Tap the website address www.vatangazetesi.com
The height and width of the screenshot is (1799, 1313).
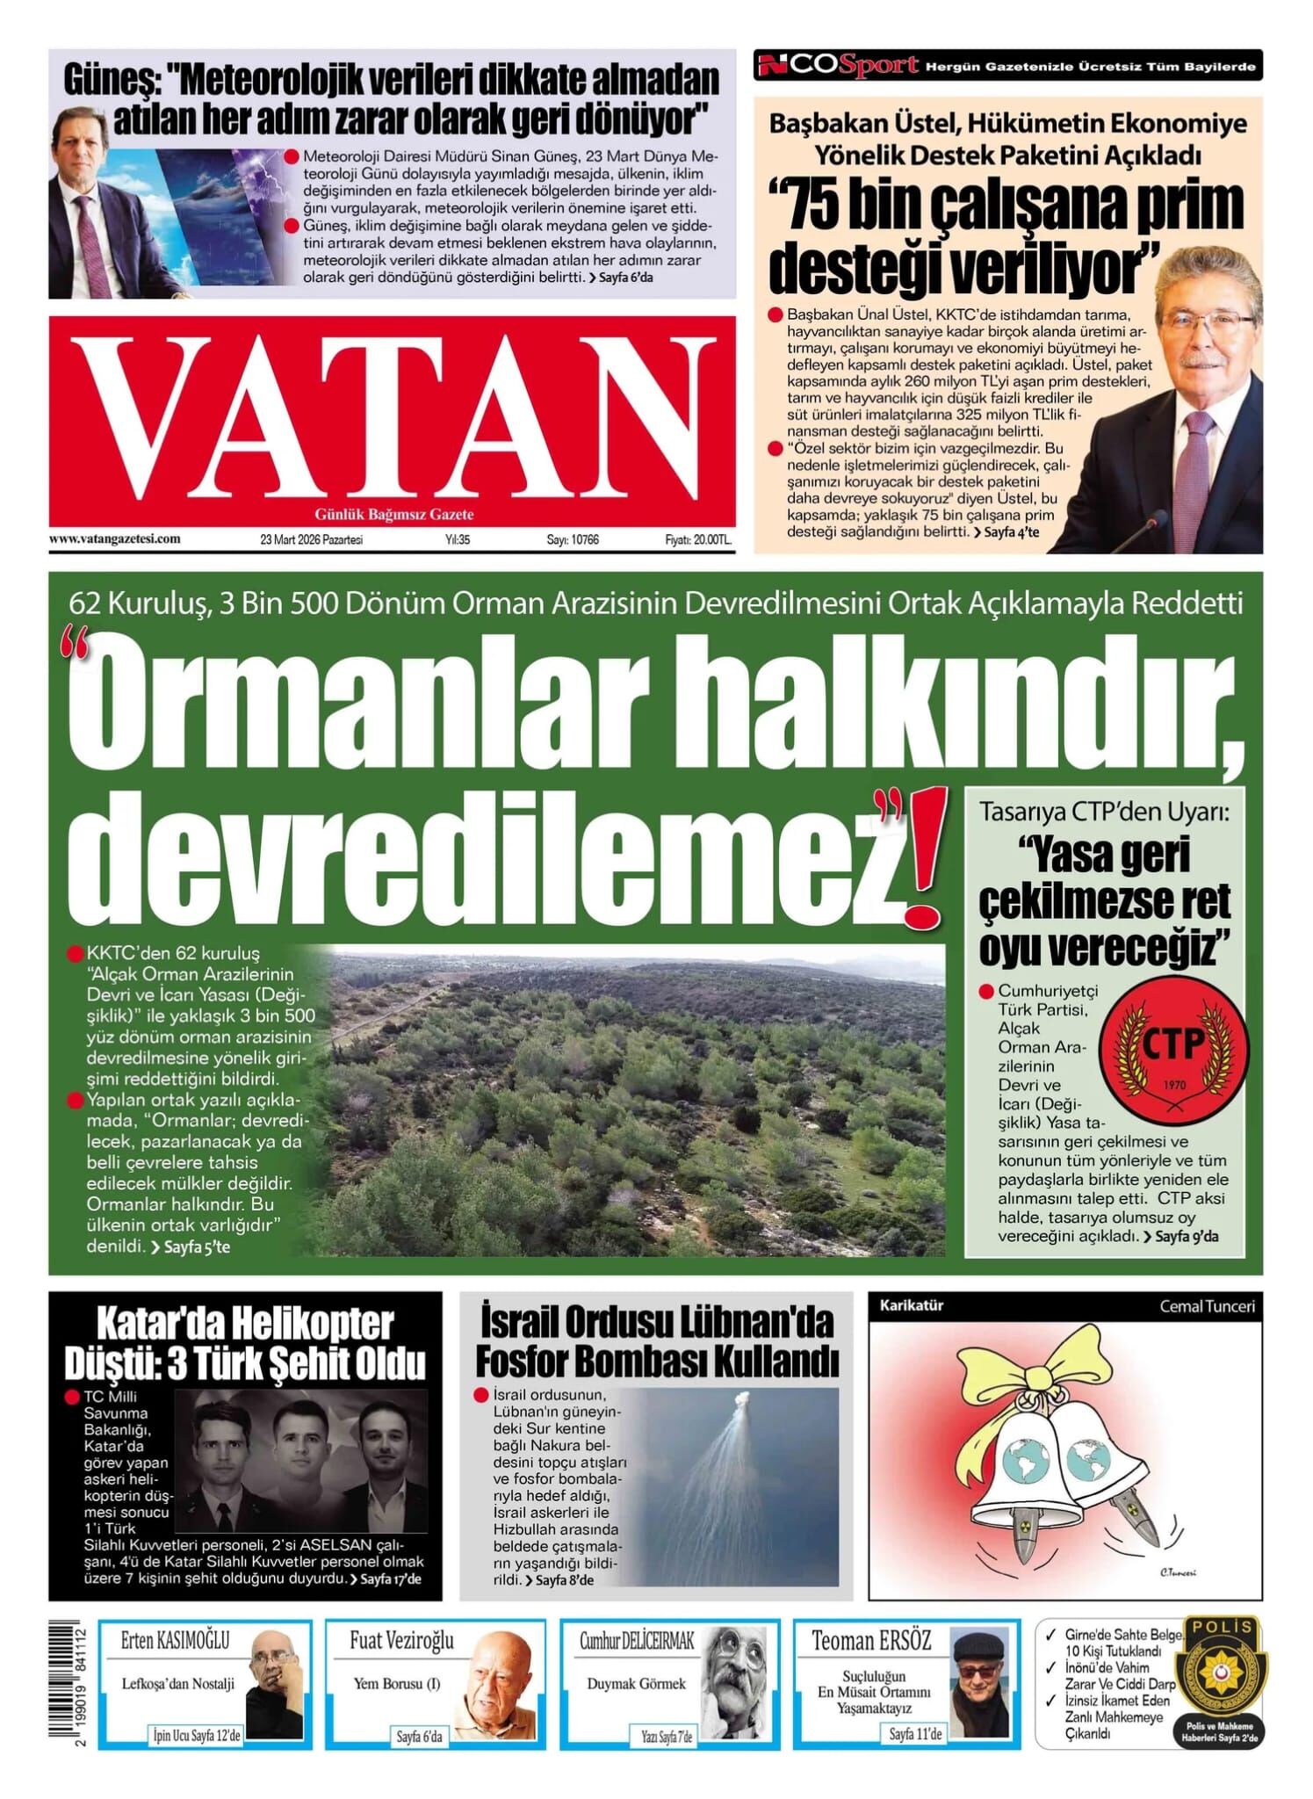pos(115,538)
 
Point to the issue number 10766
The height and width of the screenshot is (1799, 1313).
pos(573,539)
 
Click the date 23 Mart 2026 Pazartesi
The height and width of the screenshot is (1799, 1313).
pos(312,539)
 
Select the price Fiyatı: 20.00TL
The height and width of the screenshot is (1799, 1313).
pos(697,539)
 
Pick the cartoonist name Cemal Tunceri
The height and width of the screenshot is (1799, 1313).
pos(1207,1306)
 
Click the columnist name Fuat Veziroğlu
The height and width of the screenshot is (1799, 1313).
pos(401,1640)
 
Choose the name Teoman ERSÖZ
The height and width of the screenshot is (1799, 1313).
pos(870,1640)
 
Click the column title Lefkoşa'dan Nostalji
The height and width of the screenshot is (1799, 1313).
pos(178,1684)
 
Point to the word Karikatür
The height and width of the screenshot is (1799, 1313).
pos(911,1305)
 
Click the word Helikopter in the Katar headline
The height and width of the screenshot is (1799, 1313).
pos(299,1324)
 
